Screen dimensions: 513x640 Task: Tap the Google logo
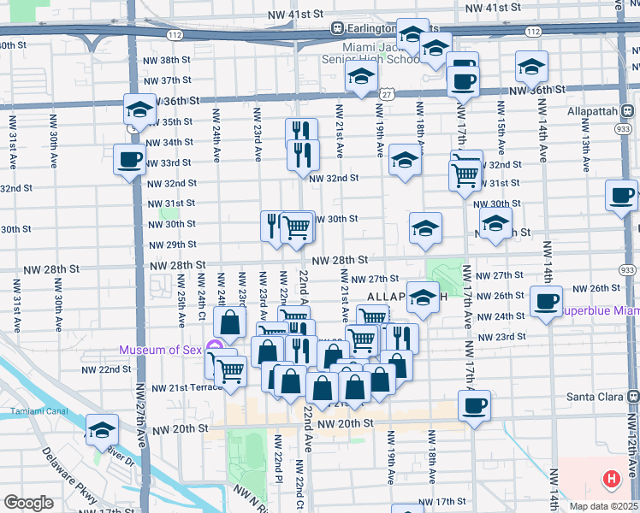pos(28,503)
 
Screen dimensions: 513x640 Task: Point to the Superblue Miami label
pos(600,311)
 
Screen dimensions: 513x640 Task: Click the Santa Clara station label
pos(596,397)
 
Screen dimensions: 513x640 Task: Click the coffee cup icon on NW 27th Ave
pos(130,159)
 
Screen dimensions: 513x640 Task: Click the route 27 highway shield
pos(388,93)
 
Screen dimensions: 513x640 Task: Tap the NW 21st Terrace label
pos(186,387)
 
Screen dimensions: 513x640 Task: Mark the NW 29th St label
pos(172,245)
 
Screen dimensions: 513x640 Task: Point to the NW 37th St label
pos(167,80)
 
